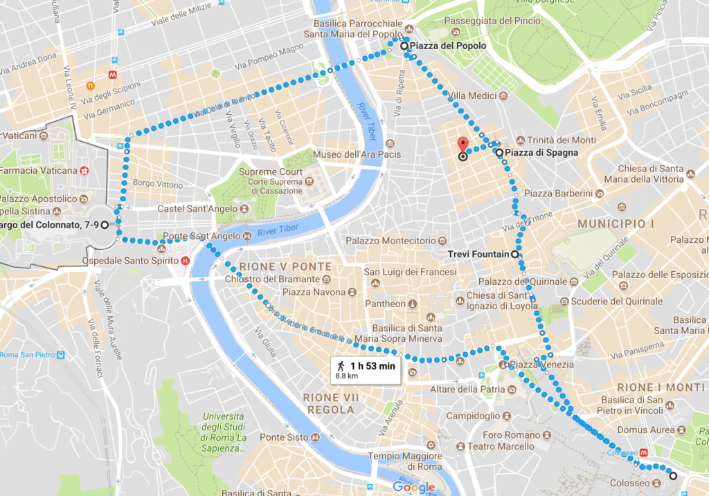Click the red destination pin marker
click(x=463, y=145)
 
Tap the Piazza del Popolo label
click(x=447, y=46)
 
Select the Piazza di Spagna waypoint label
click(x=541, y=152)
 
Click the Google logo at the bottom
click(x=414, y=487)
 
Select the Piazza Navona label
click(x=313, y=292)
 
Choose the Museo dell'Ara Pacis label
click(x=347, y=154)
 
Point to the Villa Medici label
click(x=473, y=95)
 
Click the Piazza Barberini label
click(x=559, y=193)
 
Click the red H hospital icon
click(x=185, y=261)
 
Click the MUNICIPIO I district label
click(x=616, y=224)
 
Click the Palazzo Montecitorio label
click(x=391, y=241)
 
